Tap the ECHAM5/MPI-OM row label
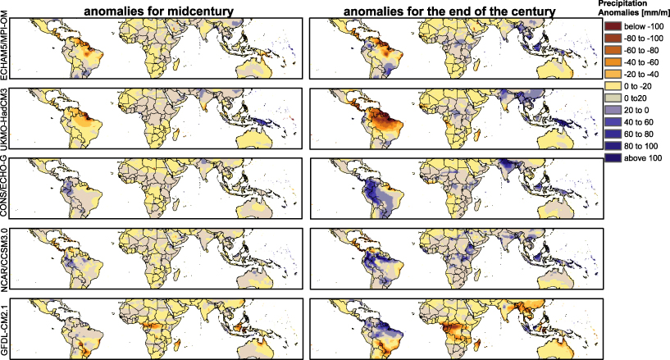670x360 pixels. [7, 48]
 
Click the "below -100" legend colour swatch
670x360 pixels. [613, 27]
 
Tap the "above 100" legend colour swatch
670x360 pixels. [613, 156]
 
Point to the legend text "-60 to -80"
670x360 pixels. [642, 51]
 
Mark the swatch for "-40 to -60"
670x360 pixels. [613, 62]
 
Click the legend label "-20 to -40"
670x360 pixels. [642, 74]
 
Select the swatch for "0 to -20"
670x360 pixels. [613, 85]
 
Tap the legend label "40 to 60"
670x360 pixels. [640, 121]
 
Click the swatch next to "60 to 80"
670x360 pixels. [613, 132]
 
